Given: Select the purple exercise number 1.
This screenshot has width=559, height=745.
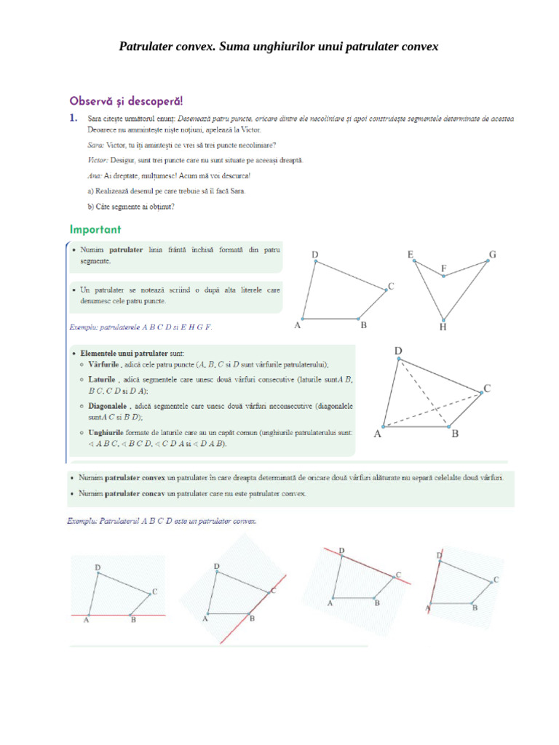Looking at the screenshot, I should click(73, 118).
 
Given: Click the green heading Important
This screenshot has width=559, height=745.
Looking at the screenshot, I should click(95, 229).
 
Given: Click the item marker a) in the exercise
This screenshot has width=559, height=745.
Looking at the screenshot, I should click(90, 191).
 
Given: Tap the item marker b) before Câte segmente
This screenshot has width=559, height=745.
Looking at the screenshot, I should click(90, 206).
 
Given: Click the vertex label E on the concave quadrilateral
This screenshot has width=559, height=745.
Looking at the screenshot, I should click(411, 254).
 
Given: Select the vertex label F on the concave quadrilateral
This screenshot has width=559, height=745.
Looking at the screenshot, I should click(443, 268).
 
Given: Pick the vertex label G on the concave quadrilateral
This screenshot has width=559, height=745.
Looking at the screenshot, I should click(493, 254).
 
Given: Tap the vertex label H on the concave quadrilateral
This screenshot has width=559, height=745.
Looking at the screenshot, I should click(443, 327).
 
